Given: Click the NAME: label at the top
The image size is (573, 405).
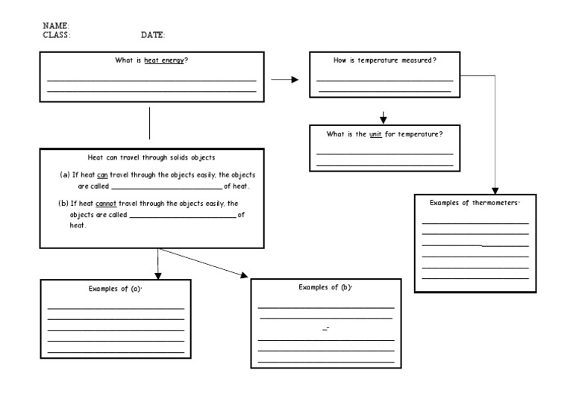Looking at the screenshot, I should point(56,26).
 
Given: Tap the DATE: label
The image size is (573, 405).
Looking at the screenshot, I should point(153,35).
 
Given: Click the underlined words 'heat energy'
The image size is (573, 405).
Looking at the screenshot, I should point(163,60).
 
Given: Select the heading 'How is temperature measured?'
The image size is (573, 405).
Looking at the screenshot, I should point(384,60).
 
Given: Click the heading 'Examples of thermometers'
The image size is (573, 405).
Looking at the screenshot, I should point(474,203).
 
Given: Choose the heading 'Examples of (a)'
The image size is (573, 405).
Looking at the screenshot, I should point(115,289).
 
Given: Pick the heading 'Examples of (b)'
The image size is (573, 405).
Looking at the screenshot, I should point(325,287).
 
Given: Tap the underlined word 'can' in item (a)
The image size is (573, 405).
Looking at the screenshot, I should point(103,174).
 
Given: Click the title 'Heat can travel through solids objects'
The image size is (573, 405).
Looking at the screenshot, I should point(151,157).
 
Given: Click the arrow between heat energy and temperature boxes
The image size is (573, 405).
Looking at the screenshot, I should point(284,78).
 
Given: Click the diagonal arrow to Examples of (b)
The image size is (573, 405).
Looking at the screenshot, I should point(203,262).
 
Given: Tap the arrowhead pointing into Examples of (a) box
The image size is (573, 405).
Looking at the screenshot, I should point(157,274).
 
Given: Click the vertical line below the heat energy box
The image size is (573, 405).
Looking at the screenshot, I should point(150,122).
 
